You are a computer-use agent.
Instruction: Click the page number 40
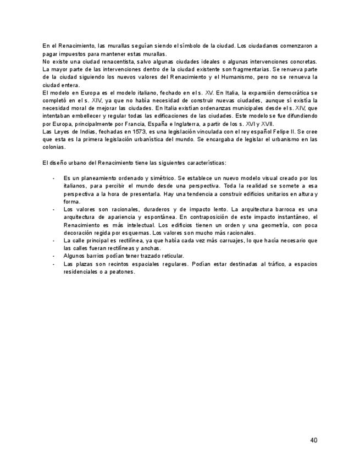click(313, 440)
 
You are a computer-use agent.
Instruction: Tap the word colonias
click(54, 147)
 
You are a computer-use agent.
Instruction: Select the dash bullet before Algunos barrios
click(53, 256)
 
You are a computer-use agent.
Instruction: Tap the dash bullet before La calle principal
click(53, 240)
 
